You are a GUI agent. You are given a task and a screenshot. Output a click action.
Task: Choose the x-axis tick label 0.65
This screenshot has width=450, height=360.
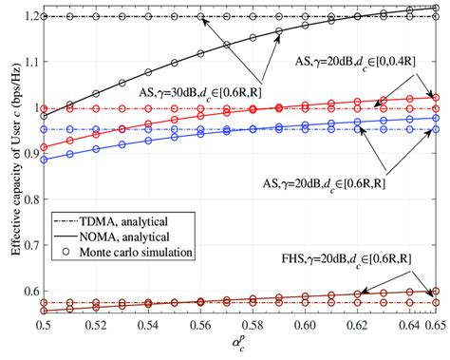click(x=432, y=326)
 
